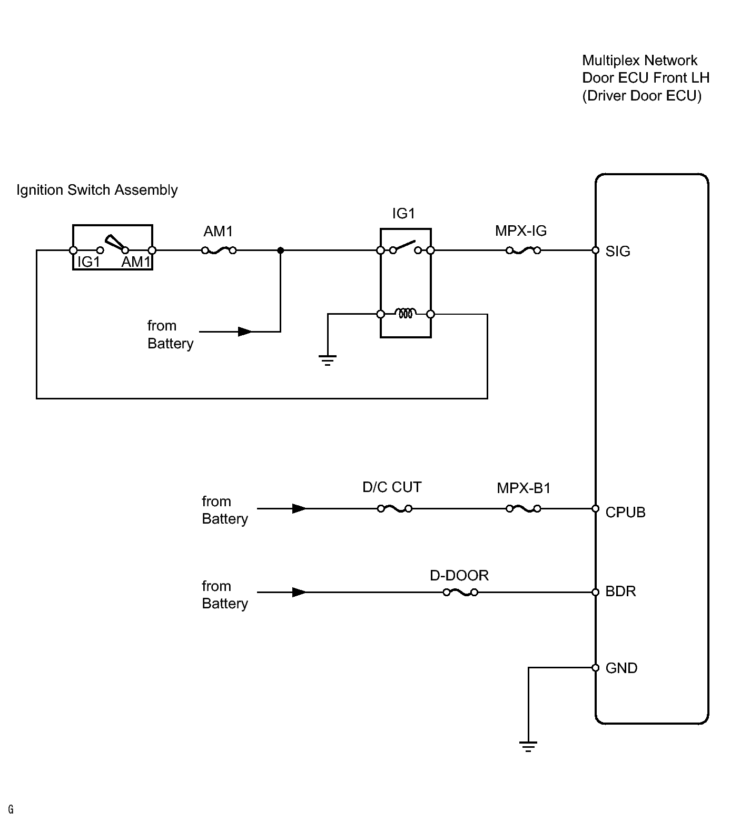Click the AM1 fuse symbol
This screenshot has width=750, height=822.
pyautogui.click(x=219, y=251)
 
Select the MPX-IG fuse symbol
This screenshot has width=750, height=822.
pyautogui.click(x=524, y=251)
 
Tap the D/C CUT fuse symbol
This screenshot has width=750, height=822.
pyautogui.click(x=395, y=509)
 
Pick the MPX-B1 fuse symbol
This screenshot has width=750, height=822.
pyautogui.click(x=524, y=509)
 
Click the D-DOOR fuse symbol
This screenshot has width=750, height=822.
pyautogui.click(x=460, y=593)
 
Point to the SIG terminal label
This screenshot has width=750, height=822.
pyautogui.click(x=618, y=252)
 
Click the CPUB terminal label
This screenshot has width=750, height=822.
pyautogui.click(x=625, y=513)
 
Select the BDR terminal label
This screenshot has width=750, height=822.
pyautogui.click(x=620, y=592)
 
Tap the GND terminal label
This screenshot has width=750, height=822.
pyautogui.click(x=621, y=668)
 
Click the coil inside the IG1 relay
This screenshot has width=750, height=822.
pyautogui.click(x=405, y=314)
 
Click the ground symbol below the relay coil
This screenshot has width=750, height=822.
pyautogui.click(x=328, y=360)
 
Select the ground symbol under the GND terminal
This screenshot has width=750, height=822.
pyautogui.click(x=528, y=746)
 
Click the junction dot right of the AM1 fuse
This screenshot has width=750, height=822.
pyautogui.click(x=281, y=251)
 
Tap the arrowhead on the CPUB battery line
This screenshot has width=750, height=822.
pyautogui.click(x=299, y=509)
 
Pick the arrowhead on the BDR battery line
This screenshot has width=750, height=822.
pyautogui.click(x=299, y=593)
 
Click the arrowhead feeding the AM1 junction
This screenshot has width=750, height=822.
pyautogui.click(x=245, y=332)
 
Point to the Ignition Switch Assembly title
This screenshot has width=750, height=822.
pyautogui.click(x=97, y=190)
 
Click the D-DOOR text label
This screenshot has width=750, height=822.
pyautogui.click(x=459, y=576)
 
